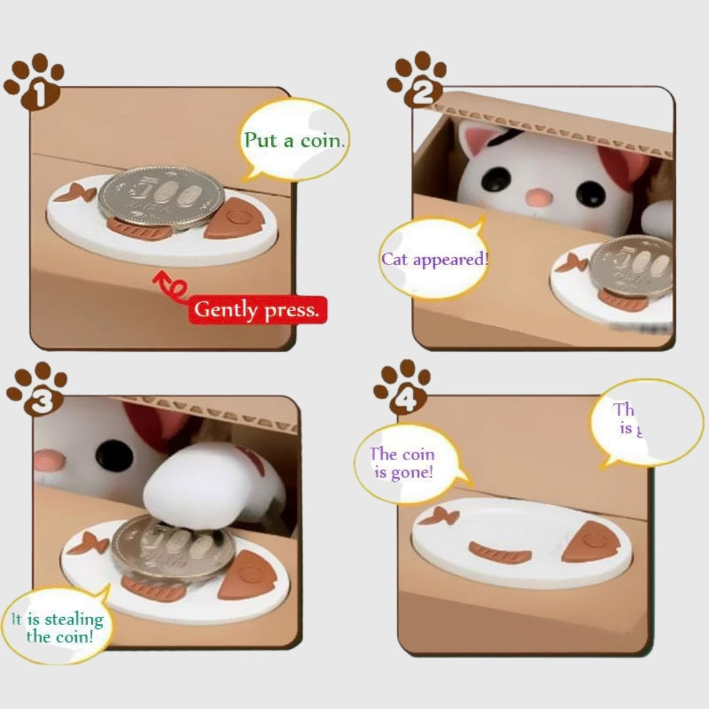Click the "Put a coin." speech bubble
click(293, 140)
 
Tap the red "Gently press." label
click(257, 309)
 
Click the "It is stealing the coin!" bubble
click(57, 627)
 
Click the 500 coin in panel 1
click(161, 196)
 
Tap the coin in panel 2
click(631, 266)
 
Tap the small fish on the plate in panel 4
click(439, 517)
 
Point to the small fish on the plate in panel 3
click(87, 543)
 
